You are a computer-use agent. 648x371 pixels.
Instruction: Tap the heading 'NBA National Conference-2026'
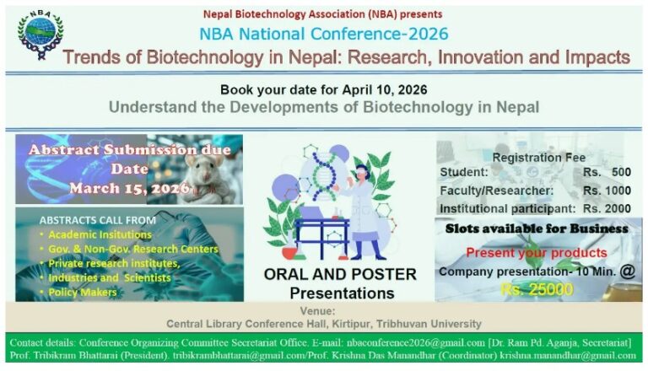click(x=324, y=34)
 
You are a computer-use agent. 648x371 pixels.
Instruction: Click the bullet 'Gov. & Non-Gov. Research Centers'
click(x=132, y=249)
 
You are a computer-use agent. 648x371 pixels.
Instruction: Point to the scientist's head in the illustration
click(x=359, y=174)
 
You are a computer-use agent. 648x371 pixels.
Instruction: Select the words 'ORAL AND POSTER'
click(x=340, y=274)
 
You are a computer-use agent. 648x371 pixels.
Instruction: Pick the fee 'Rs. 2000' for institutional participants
click(x=606, y=207)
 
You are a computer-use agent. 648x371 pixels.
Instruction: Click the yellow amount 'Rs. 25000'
click(x=537, y=289)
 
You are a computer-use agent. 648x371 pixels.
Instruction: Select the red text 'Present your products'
click(x=536, y=252)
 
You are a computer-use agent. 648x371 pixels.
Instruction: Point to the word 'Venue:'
click(x=323, y=310)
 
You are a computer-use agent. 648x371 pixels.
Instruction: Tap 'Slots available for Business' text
click(x=537, y=229)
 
